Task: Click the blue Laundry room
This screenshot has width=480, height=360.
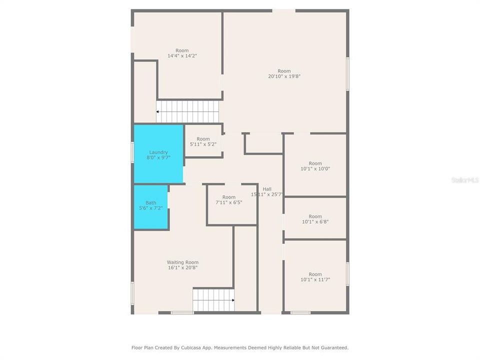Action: pyautogui.click(x=158, y=154)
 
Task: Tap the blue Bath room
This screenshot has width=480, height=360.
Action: pyautogui.click(x=150, y=207)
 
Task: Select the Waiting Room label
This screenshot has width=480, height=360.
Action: pyautogui.click(x=182, y=262)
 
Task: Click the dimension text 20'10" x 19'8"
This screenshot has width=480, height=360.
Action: pyautogui.click(x=284, y=76)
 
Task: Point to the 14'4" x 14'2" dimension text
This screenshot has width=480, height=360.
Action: pyautogui.click(x=182, y=56)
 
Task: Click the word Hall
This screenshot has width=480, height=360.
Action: pyautogui.click(x=267, y=188)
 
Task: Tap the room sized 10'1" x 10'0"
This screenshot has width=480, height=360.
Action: pyautogui.click(x=315, y=166)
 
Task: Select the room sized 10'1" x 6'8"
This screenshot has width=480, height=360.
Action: pyautogui.click(x=315, y=219)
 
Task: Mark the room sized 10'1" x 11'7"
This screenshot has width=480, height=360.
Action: pyautogui.click(x=315, y=277)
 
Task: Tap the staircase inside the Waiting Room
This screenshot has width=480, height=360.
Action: pyautogui.click(x=213, y=300)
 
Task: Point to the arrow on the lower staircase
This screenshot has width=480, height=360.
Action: pyautogui.click(x=232, y=300)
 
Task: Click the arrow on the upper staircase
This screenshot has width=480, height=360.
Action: pyautogui.click(x=158, y=111)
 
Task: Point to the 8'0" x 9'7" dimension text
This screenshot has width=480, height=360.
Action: pyautogui.click(x=158, y=157)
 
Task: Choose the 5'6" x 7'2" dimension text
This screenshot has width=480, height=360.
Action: pyautogui.click(x=150, y=208)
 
